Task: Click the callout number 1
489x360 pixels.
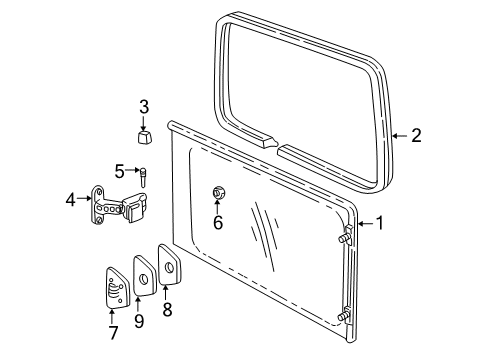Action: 378,223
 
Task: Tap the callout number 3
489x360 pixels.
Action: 144,107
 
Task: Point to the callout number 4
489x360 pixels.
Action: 71,198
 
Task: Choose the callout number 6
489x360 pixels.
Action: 218,223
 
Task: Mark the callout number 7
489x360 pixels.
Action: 112,332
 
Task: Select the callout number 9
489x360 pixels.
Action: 139,320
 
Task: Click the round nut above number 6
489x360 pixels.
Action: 218,192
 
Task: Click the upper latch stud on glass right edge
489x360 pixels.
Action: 346,237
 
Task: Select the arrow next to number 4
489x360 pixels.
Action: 83,198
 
